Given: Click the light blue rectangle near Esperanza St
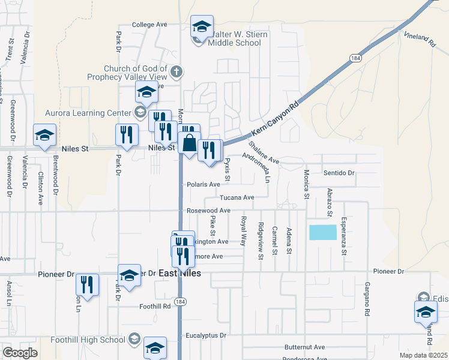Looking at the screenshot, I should point(323,233).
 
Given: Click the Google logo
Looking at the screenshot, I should point(20,353).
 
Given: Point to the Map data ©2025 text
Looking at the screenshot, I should point(422,355).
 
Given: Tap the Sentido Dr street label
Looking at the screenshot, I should point(340,173).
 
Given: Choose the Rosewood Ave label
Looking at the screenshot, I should point(208,211).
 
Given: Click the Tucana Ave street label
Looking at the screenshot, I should point(237,197).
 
